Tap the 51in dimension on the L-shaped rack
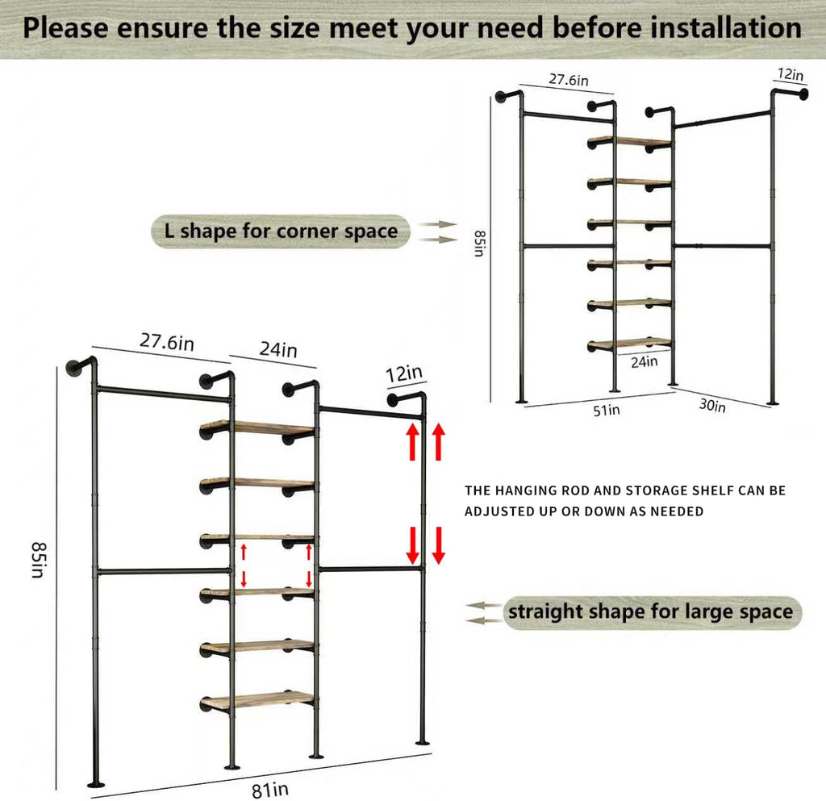click(x=607, y=410)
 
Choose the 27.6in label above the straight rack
click(x=167, y=342)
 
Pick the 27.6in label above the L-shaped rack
click(x=546, y=81)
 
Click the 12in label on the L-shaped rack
click(x=790, y=75)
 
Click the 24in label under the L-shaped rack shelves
click(x=644, y=362)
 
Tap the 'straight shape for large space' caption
click(x=649, y=611)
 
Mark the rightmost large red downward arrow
click(x=439, y=545)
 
